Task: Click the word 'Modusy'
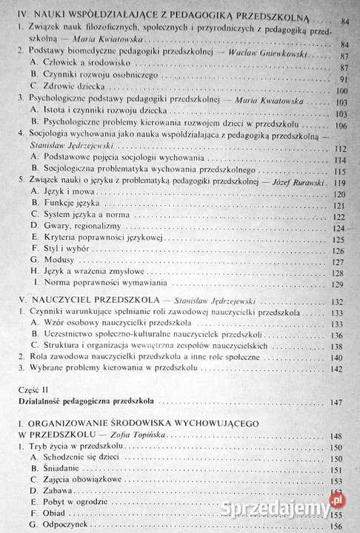pos(59,266)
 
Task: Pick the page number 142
pos(341,369)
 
